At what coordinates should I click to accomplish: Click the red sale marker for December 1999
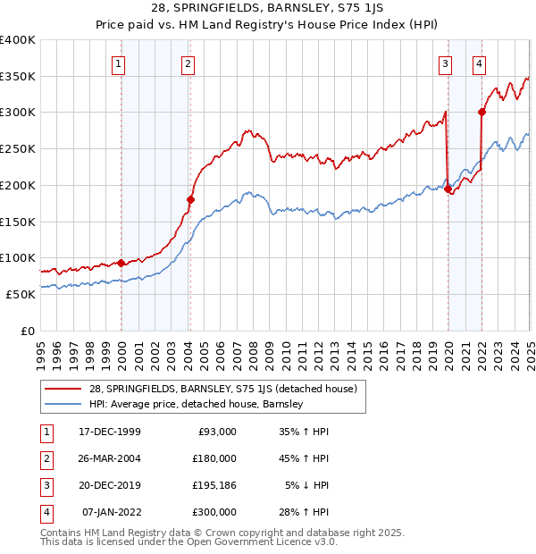click(x=121, y=263)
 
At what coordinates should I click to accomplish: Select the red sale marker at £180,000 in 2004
click(x=190, y=199)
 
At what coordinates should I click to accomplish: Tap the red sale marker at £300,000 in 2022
click(x=482, y=112)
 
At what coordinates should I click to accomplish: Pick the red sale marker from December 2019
click(x=448, y=189)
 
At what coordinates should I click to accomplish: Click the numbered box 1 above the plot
click(x=119, y=63)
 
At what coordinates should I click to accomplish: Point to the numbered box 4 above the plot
click(x=480, y=63)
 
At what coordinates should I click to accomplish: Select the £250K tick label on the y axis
click(x=18, y=148)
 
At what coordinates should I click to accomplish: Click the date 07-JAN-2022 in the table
click(x=111, y=514)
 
